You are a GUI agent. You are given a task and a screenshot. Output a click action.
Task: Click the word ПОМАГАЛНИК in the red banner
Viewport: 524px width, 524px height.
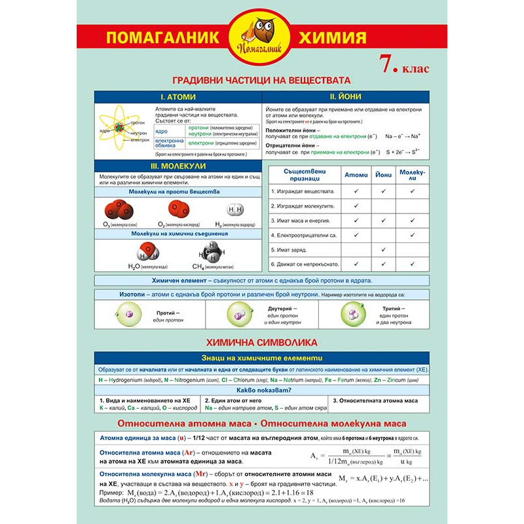coord(161,37)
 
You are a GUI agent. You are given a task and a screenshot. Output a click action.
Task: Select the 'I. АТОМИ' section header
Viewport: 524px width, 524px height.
coord(178,96)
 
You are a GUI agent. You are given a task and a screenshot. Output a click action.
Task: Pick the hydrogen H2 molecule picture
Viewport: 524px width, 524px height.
coord(234,210)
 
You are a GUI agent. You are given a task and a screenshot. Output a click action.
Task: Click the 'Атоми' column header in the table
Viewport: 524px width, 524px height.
coord(356,175)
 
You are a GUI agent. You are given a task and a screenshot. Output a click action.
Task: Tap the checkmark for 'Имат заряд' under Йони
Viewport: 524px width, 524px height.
coord(383,249)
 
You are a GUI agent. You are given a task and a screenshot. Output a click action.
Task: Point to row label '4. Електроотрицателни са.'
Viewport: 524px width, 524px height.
coord(303,234)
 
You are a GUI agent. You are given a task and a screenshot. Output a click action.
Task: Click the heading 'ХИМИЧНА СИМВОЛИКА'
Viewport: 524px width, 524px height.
coord(261,343)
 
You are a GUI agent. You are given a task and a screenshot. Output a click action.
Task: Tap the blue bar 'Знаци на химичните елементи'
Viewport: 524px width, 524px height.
coord(261,358)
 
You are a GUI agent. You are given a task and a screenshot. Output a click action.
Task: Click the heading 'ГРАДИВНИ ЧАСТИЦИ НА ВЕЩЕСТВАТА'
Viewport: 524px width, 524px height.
coord(261,80)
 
